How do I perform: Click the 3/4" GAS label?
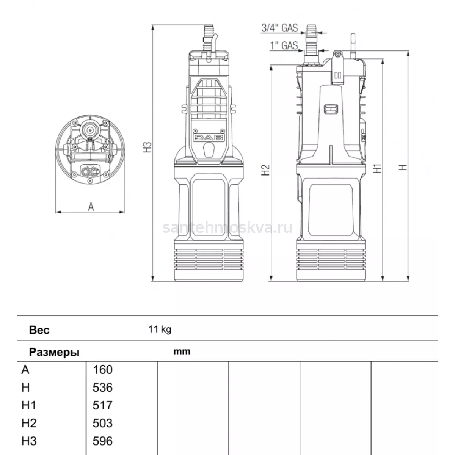279,28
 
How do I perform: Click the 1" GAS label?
284,45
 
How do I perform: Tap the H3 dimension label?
147,147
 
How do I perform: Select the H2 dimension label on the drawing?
266,170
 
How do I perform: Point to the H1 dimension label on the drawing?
377,168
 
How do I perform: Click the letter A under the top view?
91,207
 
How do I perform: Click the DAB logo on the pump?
209,138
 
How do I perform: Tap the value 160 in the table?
102,370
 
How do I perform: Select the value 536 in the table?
102,388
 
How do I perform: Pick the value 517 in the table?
102,405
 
